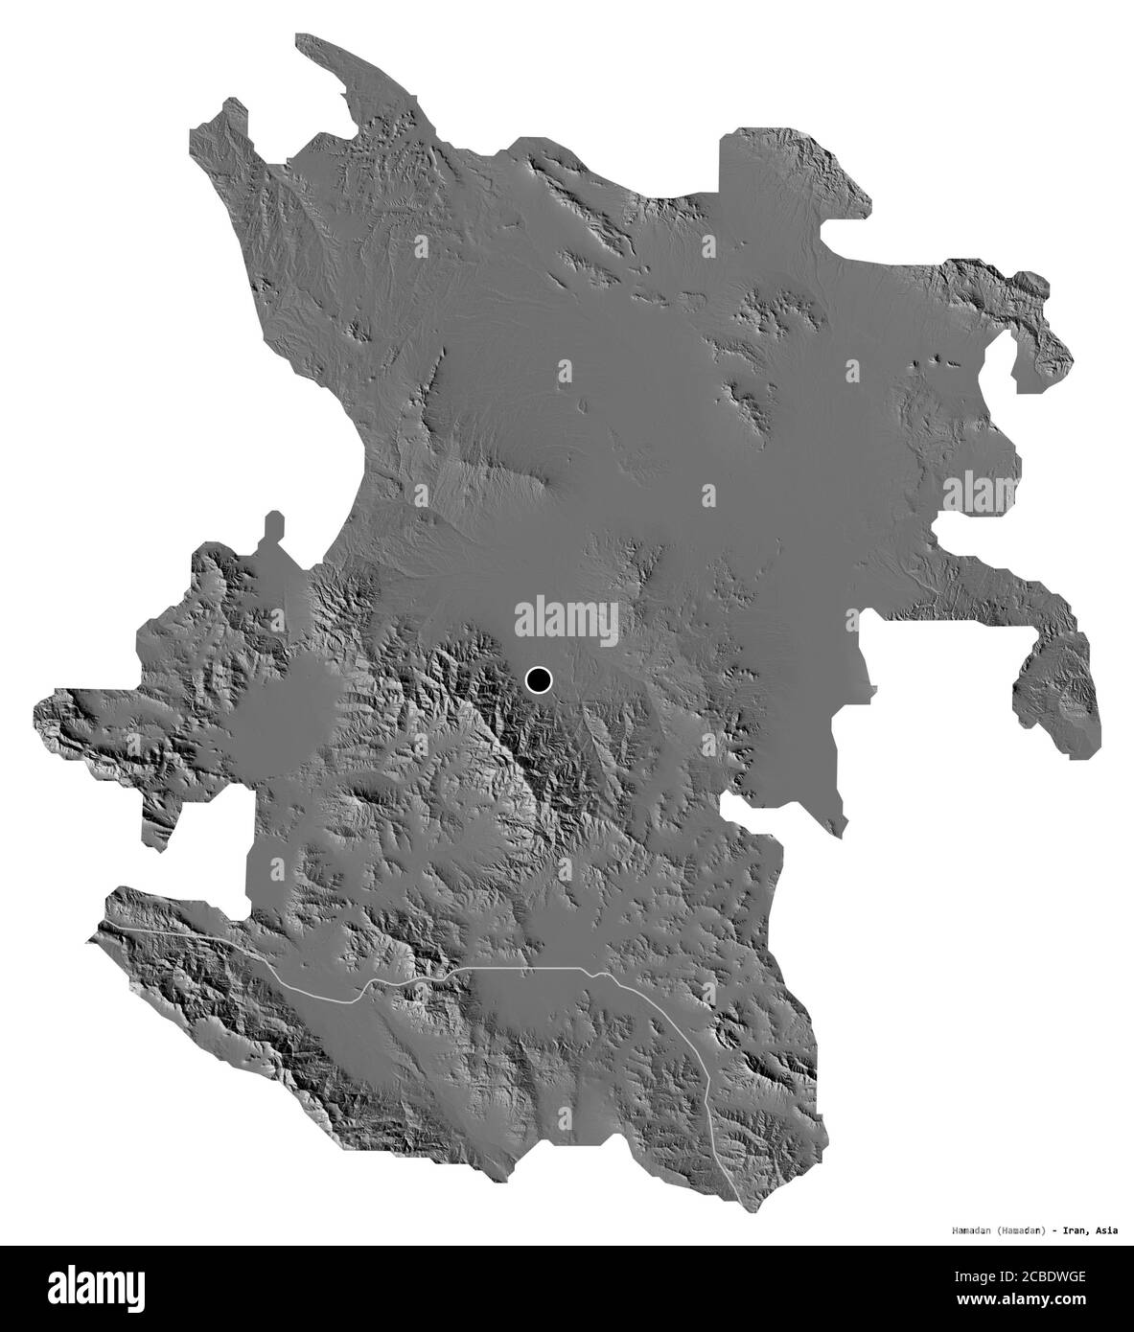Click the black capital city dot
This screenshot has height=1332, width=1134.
(539, 680)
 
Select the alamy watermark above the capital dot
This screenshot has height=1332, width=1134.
(567, 618)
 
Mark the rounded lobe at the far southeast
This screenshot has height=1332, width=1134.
(1059, 700)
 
